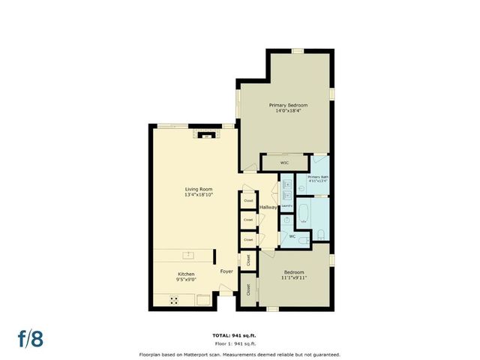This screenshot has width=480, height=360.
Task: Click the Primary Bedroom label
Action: pos(288,106)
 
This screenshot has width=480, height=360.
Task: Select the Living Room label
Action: pos(199,189)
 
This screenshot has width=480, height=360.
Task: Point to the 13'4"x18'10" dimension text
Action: pos(199,195)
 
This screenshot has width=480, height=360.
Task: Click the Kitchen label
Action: pos(186,274)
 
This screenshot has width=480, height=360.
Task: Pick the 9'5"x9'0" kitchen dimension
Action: pos(186,280)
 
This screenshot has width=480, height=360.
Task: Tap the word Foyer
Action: pos(226,271)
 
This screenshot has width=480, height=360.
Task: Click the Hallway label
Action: pos(268,207)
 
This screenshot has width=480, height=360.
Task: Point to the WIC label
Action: pos(284,162)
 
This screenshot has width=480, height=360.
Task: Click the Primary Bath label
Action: pos(318,177)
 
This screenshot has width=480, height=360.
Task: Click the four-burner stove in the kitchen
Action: pos(174,300)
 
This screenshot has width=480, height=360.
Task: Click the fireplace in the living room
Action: pos(203,135)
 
